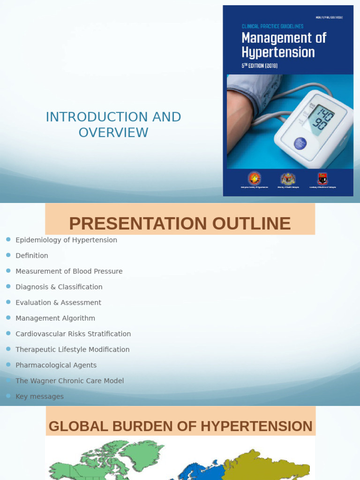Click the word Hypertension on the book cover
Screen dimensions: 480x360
tap(278, 52)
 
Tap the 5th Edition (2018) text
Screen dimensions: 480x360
tap(260, 66)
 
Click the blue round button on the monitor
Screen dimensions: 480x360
tap(300, 143)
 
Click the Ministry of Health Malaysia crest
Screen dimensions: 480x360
tap(288, 179)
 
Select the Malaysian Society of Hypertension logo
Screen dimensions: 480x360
tap(255, 178)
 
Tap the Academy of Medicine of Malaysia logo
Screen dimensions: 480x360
tap(322, 179)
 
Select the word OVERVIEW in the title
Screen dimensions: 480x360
tap(113, 133)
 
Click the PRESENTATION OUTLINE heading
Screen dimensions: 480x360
tap(180, 224)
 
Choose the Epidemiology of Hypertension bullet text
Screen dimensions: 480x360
tap(66, 240)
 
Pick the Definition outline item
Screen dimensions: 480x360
tap(32, 255)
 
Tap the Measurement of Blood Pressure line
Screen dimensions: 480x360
tap(69, 271)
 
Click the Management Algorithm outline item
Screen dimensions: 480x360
tap(55, 318)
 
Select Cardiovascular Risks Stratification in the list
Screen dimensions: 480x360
tap(73, 334)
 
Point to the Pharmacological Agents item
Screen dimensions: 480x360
tap(56, 365)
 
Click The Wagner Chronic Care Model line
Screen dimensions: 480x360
tap(69, 381)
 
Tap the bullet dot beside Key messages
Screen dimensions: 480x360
tap(8, 396)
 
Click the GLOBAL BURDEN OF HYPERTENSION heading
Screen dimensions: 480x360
tap(180, 426)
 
